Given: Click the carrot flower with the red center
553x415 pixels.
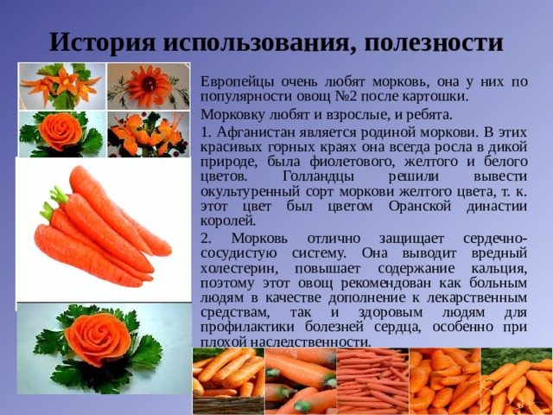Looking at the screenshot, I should (x=149, y=85).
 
